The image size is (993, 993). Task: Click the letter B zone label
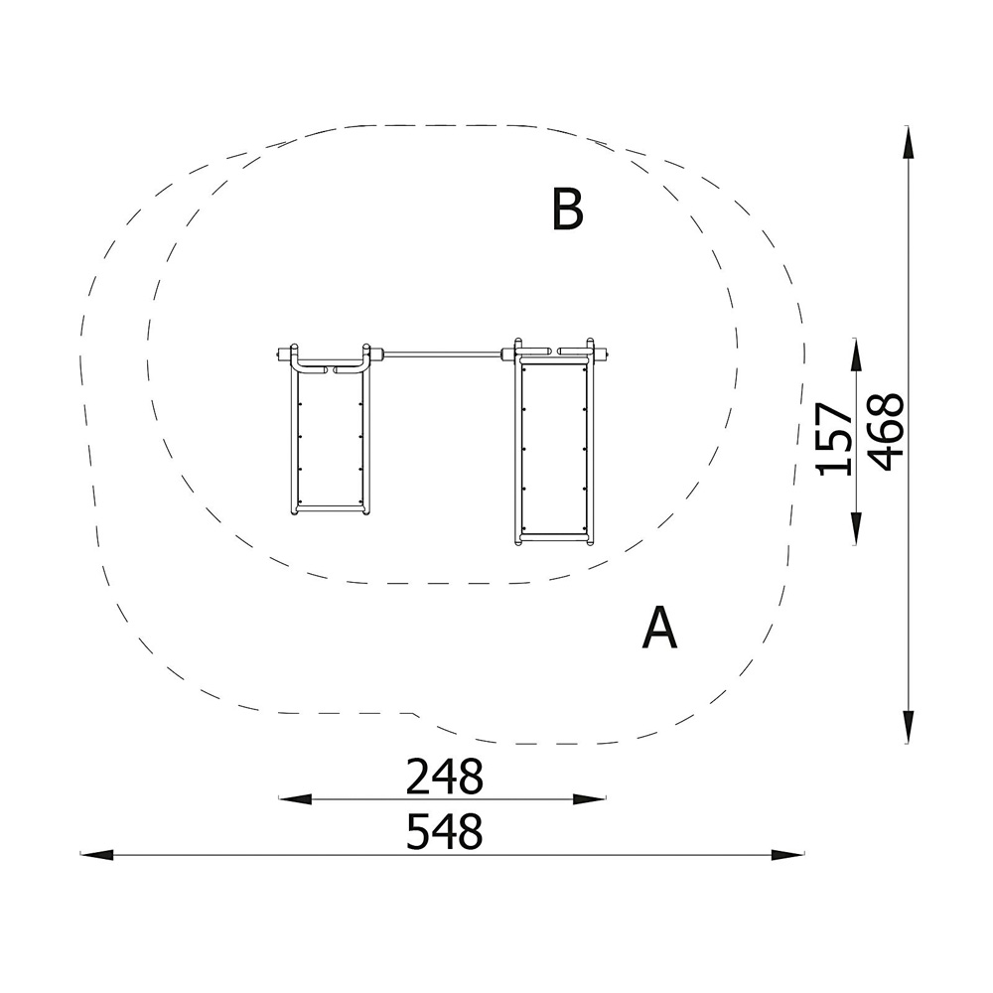pyautogui.click(x=567, y=209)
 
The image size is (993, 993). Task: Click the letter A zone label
pyautogui.click(x=659, y=628)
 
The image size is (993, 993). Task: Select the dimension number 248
pyautogui.click(x=444, y=777)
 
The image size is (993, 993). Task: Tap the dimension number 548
pyautogui.click(x=444, y=831)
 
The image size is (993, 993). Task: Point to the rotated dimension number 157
pyautogui.click(x=834, y=439)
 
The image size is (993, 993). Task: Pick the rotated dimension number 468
pyautogui.click(x=885, y=432)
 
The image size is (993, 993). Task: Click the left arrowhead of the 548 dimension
pyautogui.click(x=97, y=854)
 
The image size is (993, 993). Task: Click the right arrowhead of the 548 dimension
pyautogui.click(x=787, y=854)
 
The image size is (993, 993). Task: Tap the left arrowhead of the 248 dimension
pyautogui.click(x=295, y=799)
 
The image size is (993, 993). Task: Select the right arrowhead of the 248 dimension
pyautogui.click(x=590, y=799)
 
